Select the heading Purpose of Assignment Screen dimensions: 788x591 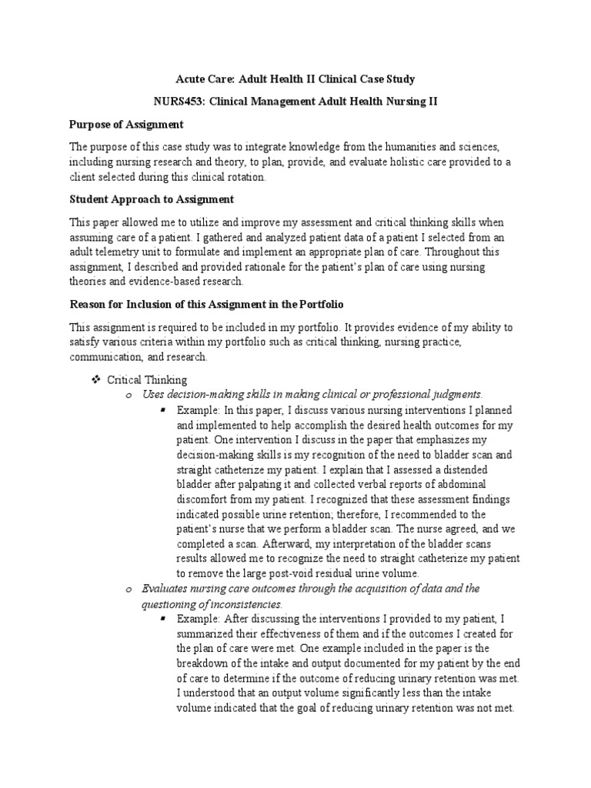[127, 124]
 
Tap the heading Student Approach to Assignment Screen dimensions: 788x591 [152, 199]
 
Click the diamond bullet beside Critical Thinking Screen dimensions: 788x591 [96, 380]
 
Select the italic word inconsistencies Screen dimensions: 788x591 [245, 603]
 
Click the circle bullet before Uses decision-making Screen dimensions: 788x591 [129, 395]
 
